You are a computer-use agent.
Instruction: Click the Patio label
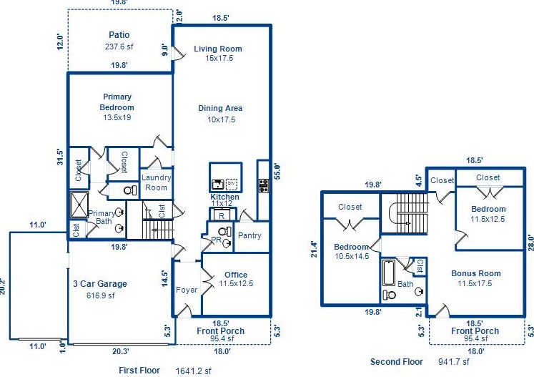coord(119,34)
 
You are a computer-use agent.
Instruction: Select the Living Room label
coord(218,49)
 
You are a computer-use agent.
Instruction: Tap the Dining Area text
coord(220,108)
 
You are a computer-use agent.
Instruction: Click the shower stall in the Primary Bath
coord(78,204)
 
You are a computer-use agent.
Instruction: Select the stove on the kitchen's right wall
coord(263,185)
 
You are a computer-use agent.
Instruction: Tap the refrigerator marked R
coord(222,215)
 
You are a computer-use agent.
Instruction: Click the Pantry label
coord(249,235)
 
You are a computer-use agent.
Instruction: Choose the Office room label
coord(236,275)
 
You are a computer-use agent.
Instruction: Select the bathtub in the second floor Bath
coord(390,273)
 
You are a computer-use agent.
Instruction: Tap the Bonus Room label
coord(476,273)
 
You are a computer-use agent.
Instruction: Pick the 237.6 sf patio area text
coord(119,46)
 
